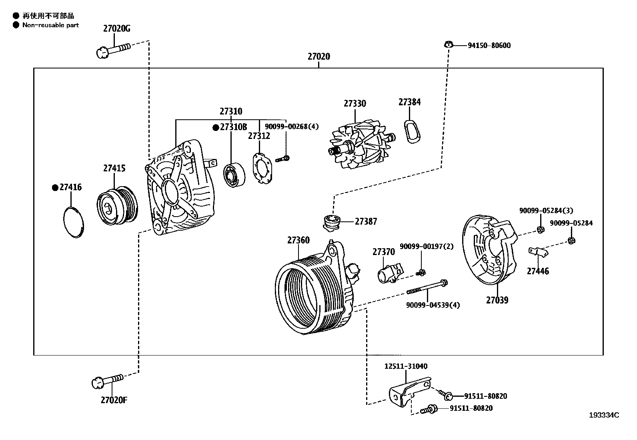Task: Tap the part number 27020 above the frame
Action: pos(318,56)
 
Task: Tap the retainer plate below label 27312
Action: pos(262,170)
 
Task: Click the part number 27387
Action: pos(366,221)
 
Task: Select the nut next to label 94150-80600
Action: pos(449,44)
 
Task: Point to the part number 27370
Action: pos(383,252)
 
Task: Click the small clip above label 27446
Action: pos(538,252)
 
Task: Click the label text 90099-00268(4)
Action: pos(292,127)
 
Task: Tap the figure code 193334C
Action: pos(604,415)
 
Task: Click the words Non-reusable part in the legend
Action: pos(50,25)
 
